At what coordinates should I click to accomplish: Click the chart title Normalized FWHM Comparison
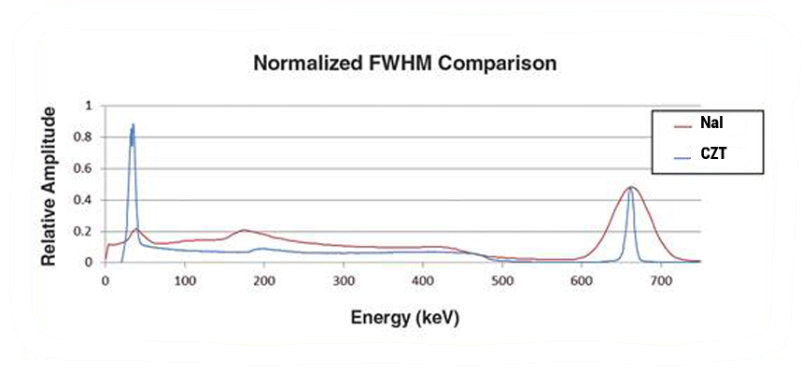pyautogui.click(x=405, y=65)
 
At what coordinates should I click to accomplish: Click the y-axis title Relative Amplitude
pyautogui.click(x=49, y=185)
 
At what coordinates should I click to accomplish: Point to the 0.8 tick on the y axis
pyautogui.click(x=90, y=137)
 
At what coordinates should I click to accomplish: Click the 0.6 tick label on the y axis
pyautogui.click(x=90, y=168)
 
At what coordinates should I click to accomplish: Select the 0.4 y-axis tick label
pyautogui.click(x=90, y=200)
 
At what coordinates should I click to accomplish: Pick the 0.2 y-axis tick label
pyautogui.click(x=90, y=232)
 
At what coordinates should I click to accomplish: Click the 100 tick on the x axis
pyautogui.click(x=185, y=280)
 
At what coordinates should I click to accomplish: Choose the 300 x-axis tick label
pyautogui.click(x=345, y=280)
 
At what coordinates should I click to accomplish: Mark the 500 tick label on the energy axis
pyautogui.click(x=503, y=280)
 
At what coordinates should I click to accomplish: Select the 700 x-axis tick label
pyautogui.click(x=662, y=280)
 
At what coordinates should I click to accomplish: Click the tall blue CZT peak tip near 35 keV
pyautogui.click(x=134, y=124)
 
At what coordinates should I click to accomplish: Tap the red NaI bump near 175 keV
pyautogui.click(x=245, y=229)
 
